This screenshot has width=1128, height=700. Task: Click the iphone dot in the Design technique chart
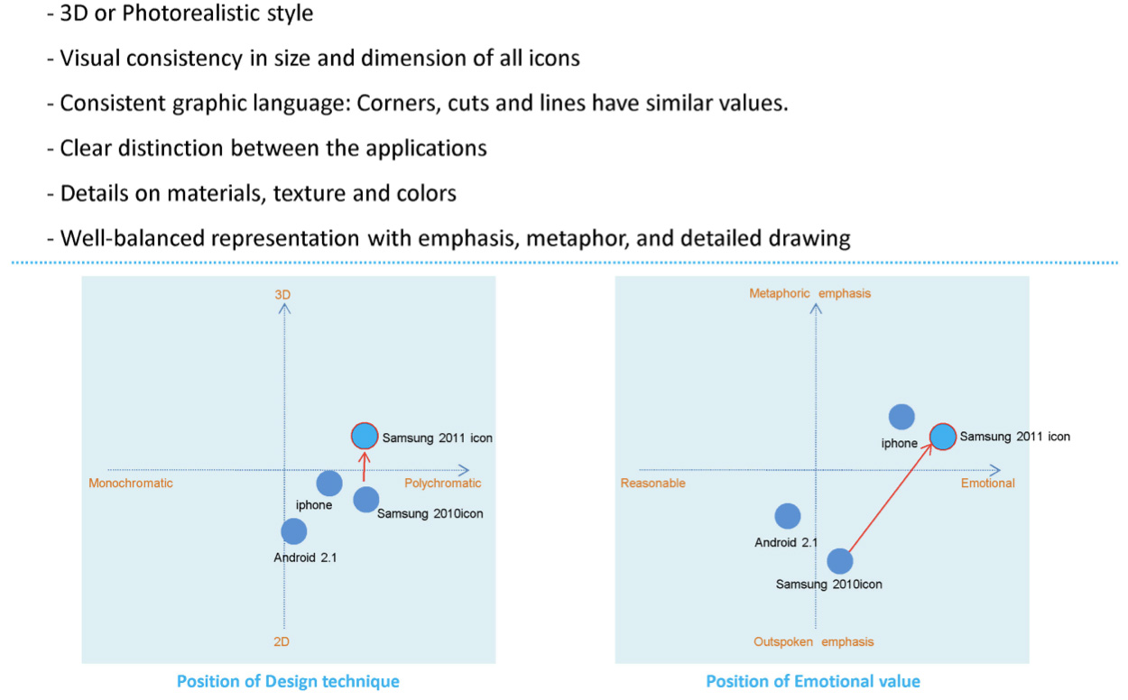(x=329, y=484)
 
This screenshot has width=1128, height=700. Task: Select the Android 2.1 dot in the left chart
(x=293, y=531)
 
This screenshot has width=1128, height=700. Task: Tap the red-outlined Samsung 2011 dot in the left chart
(x=364, y=437)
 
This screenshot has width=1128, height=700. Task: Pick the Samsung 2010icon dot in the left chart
(x=365, y=498)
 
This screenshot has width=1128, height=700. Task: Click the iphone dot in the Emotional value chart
(x=901, y=417)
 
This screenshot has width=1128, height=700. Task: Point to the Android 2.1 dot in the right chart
(x=788, y=516)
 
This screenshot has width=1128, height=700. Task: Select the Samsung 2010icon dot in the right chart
(x=840, y=561)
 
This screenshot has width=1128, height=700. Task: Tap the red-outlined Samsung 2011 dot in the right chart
(x=942, y=437)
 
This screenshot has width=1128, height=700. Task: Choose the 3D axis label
(x=283, y=295)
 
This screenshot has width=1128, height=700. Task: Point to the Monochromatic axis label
(x=131, y=484)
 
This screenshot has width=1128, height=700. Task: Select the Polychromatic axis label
(x=443, y=484)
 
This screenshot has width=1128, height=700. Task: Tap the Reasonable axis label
(x=653, y=484)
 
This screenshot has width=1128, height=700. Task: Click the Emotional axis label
(x=987, y=484)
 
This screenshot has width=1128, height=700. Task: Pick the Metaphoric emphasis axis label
(x=810, y=294)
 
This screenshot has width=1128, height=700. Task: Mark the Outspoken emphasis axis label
(x=814, y=642)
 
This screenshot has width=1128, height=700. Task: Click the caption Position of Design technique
(x=288, y=681)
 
